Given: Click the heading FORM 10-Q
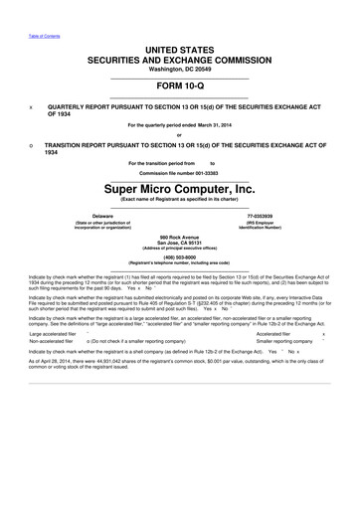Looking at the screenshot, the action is tap(179, 85).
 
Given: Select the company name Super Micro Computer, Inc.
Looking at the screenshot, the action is tap(179, 187).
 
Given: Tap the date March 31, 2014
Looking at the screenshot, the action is tap(207, 124).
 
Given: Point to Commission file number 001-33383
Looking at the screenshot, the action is tap(179, 171).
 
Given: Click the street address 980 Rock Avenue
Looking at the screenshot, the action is tap(179, 235).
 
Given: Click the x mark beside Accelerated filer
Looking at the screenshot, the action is tap(338, 333).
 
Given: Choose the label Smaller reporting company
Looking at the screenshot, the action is tap(290, 341).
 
